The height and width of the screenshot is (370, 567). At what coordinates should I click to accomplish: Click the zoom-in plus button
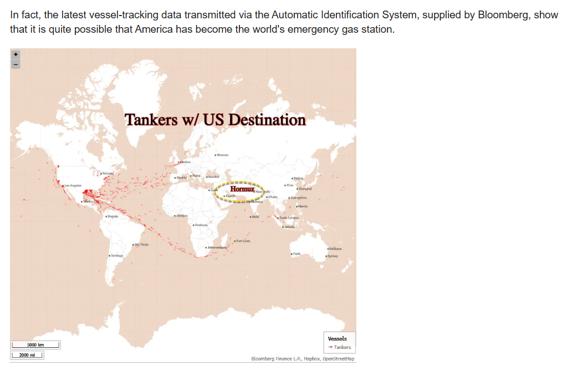click(x=16, y=55)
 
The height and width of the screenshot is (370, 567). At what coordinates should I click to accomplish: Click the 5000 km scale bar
click(x=35, y=345)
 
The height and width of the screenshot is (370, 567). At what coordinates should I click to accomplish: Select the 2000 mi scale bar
click(x=27, y=354)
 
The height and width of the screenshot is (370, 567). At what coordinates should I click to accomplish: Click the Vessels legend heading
click(x=337, y=338)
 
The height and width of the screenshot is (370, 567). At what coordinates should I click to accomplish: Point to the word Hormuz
click(x=238, y=190)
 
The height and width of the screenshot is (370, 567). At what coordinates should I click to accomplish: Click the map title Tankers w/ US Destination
click(x=215, y=120)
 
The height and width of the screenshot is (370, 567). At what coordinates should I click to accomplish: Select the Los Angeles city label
click(x=73, y=185)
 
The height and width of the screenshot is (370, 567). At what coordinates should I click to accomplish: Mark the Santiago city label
click(x=117, y=255)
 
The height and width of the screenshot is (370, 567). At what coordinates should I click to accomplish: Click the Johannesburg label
click(x=217, y=247)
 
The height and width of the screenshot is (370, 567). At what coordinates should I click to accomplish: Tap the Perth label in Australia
click(x=297, y=253)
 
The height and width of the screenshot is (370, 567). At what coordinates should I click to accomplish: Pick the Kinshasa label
click(x=200, y=225)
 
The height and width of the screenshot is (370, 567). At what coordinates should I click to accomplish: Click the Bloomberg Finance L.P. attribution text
click(x=274, y=359)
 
